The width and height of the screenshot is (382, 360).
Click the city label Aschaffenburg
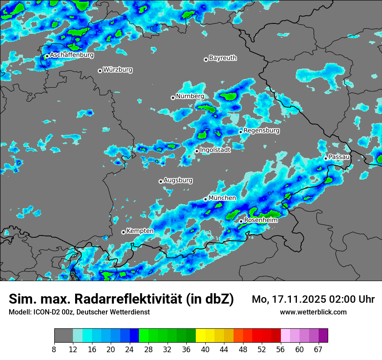pyautogui.click(x=72, y=55)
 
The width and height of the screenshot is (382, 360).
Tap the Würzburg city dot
pyautogui.click(x=100, y=71)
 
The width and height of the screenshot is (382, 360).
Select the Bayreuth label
pyautogui.click(x=223, y=58)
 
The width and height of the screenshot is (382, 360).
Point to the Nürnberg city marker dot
pyautogui.click(x=173, y=98)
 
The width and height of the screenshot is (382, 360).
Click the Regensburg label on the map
pyautogui.click(x=261, y=130)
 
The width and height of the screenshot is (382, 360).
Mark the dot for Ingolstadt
pyautogui.click(x=197, y=151)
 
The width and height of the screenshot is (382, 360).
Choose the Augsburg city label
pyautogui.click(x=178, y=180)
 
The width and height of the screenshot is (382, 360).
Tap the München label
pyautogui.click(x=222, y=198)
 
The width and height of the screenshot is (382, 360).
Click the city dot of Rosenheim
pyautogui.click(x=241, y=221)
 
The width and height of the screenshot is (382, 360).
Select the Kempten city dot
pyautogui.click(x=123, y=232)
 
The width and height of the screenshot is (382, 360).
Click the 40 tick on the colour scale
pyautogui.click(x=205, y=349)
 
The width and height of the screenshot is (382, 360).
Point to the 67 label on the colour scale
pyautogui.click(x=318, y=349)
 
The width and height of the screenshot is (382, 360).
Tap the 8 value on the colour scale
pyautogui.click(x=54, y=349)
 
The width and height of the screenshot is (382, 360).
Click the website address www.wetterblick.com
pyautogui.click(x=313, y=312)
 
